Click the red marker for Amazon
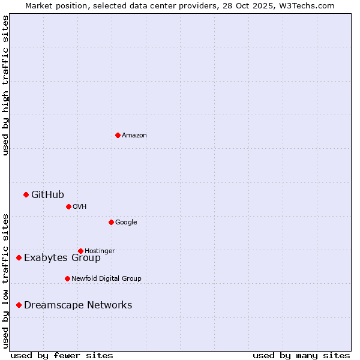point(118,135)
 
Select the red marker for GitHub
point(26,194)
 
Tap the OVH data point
point(68,206)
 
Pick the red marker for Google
point(111,222)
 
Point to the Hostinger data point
point(80,251)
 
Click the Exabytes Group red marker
point(19,257)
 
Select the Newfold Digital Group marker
point(67,278)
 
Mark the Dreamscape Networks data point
point(19,305)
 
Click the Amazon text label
point(134,135)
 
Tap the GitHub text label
point(47,194)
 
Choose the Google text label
point(126,222)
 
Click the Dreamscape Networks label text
point(78,305)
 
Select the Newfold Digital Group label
point(106,278)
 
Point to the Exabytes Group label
point(62,258)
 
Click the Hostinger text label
point(100,251)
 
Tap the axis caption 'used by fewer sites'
point(62,355)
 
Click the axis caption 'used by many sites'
point(301,355)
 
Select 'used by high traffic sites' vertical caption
point(5,85)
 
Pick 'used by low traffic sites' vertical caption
point(5,280)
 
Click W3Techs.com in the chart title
point(308,5)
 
